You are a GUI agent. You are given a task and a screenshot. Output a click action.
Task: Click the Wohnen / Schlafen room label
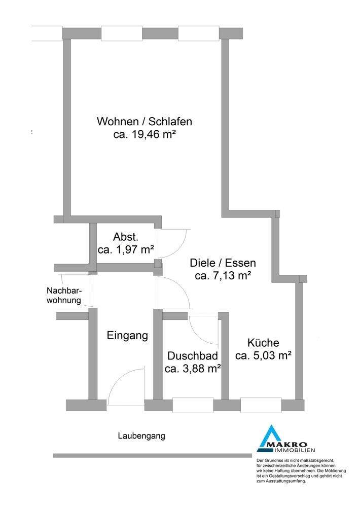coord(145,122)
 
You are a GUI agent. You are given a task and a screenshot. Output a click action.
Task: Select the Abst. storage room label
coord(126,237)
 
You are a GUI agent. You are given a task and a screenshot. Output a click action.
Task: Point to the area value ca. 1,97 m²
coord(126,249)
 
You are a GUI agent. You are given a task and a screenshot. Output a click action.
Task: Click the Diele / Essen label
coord(223,263)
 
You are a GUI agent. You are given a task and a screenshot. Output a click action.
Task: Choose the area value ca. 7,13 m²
coord(223,276)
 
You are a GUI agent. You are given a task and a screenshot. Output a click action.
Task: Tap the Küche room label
coord(263,342)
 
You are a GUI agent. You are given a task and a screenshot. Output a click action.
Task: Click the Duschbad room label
coord(193,355)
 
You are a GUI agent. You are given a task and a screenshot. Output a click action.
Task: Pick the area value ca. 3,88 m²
coord(193,368)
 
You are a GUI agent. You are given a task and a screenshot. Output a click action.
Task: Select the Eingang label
coord(127,335)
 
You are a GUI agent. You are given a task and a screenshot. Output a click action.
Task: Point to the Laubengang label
coord(141,436)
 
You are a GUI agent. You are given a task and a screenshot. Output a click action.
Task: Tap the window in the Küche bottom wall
coord(261,406)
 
